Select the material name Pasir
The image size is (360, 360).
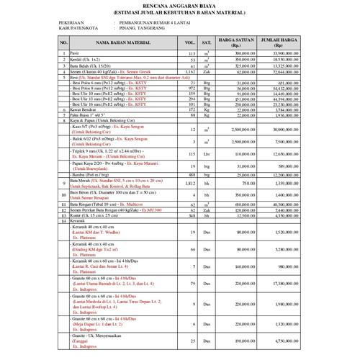(x=73, y=54)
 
